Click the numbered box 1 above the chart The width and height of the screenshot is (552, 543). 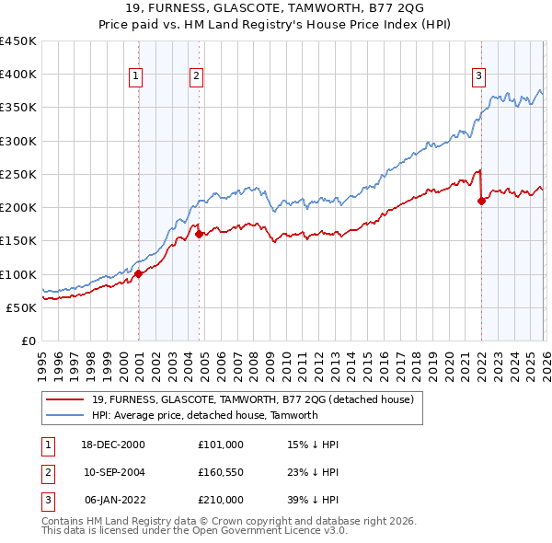[135, 77]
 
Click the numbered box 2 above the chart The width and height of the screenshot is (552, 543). [197, 77]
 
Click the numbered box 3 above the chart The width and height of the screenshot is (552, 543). [478, 77]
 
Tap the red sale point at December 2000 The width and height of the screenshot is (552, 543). [138, 273]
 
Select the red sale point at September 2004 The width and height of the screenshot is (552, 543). [199, 234]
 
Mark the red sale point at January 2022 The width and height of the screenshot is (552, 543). [481, 201]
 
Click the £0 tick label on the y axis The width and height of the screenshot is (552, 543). [29, 341]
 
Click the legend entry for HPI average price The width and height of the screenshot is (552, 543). [205, 415]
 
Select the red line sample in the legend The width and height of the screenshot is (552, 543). [66, 399]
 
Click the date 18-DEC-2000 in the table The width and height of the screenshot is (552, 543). [114, 445]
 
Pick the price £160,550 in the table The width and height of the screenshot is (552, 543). [220, 472]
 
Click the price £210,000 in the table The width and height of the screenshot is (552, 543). [220, 500]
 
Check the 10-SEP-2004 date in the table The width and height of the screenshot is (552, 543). [114, 472]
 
